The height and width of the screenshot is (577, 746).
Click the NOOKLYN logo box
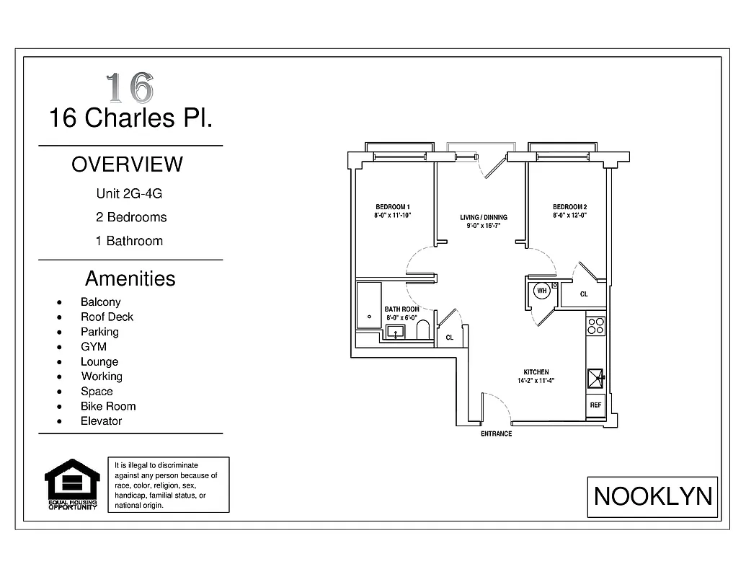652,496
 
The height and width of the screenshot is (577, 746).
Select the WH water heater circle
541,291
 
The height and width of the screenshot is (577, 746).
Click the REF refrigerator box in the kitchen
595,405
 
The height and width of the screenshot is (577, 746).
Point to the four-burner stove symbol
595,325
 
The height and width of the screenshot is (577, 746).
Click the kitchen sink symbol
595,377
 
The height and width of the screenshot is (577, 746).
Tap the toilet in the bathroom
423,330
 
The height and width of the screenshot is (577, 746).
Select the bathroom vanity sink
395,332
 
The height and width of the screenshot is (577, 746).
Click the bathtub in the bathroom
369,305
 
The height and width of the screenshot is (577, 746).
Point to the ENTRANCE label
496,433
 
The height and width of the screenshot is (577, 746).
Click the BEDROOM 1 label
392,206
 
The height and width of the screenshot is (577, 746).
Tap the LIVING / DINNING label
484,217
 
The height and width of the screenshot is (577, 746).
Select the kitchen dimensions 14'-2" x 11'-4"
536,381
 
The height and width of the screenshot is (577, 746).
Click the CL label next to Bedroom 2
584,294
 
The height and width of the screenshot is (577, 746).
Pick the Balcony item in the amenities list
100,302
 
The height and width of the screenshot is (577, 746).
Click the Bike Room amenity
107,406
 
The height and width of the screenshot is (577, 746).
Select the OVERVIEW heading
127,164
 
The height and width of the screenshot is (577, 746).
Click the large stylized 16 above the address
130,87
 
